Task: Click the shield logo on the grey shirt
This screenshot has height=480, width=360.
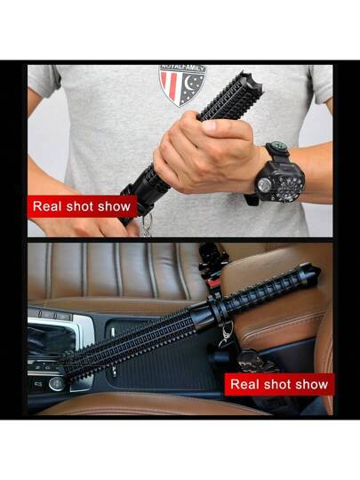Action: pos(182,85)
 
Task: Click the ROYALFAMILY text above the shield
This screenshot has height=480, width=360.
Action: pos(183,68)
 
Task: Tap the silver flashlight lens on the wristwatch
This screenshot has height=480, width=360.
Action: pos(264,185)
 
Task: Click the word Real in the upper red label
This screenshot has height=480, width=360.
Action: pos(47,206)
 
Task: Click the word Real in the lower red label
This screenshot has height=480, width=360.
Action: pos(244,384)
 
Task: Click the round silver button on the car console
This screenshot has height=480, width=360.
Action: pos(57,384)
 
